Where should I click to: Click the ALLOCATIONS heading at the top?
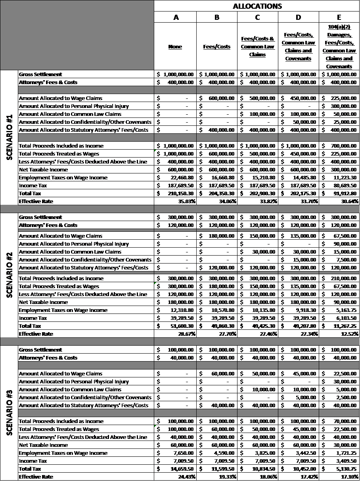(x=257, y=6)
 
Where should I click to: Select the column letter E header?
(x=339, y=17)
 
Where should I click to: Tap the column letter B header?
(x=216, y=17)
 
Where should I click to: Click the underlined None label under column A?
(x=175, y=46)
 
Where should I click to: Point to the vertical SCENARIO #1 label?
(x=10, y=137)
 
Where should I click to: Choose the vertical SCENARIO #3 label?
(x=10, y=413)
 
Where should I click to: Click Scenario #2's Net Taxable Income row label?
(x=43, y=302)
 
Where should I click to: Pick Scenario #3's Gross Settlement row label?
(x=40, y=350)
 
